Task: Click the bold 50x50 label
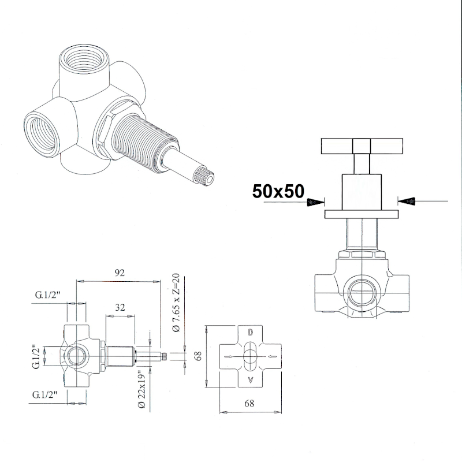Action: pyautogui.click(x=278, y=191)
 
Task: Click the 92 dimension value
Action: pyautogui.click(x=120, y=273)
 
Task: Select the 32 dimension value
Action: pyautogui.click(x=120, y=307)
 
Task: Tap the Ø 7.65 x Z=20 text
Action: pyautogui.click(x=176, y=303)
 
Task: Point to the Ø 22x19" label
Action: pyautogui.click(x=142, y=389)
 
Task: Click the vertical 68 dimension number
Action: pyautogui.click(x=198, y=356)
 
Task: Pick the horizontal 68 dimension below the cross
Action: pyautogui.click(x=249, y=403)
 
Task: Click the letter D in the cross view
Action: pyautogui.click(x=250, y=333)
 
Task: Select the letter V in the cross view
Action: pyautogui.click(x=251, y=380)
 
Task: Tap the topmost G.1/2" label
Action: pyautogui.click(x=47, y=295)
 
